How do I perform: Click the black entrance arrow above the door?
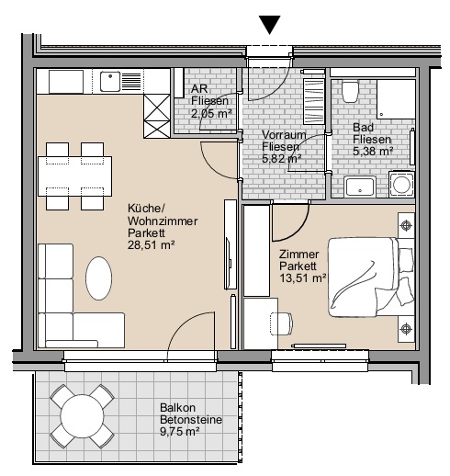tap(269, 25)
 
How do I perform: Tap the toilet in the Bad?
tap(350, 92)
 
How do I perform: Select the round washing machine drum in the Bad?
tap(401, 185)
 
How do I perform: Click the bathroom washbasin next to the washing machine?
tap(360, 187)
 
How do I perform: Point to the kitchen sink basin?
tap(110, 82)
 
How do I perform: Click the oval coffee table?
tap(98, 278)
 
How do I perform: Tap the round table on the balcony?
tap(82, 416)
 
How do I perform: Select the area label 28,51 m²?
tap(152, 245)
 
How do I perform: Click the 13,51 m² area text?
tap(302, 278)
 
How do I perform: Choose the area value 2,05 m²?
tap(211, 114)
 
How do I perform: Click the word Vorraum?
tap(284, 135)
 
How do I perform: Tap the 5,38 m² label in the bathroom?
tap(373, 152)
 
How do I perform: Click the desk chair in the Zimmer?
tap(281, 323)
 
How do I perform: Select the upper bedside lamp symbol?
tap(406, 226)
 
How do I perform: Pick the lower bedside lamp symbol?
tap(406, 329)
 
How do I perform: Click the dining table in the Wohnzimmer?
tap(74, 176)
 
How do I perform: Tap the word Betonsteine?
tap(191, 420)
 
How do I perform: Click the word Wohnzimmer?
tap(163, 221)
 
